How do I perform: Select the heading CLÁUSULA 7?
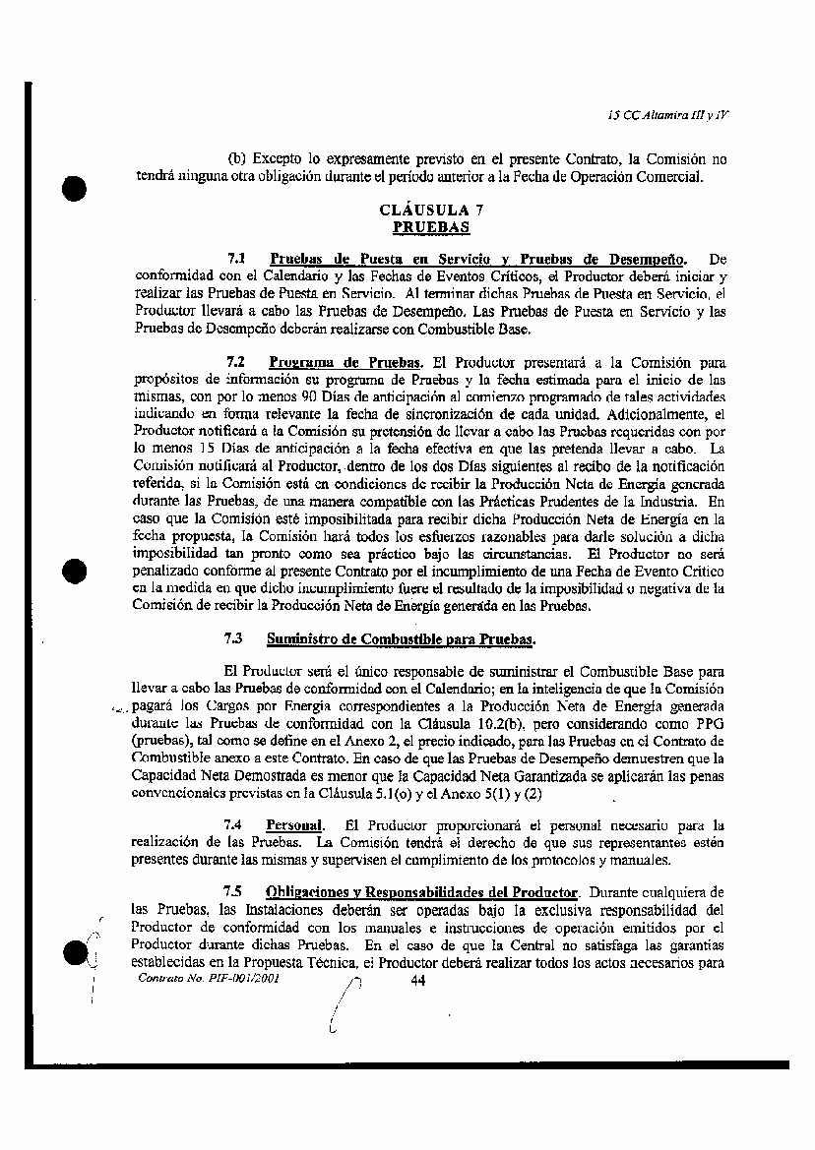pyautogui.click(x=431, y=211)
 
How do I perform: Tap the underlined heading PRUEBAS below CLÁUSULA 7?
pyautogui.click(x=431, y=226)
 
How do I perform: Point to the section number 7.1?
pyautogui.click(x=235, y=259)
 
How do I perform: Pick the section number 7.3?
pyautogui.click(x=235, y=638)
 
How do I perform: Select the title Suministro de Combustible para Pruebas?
pyautogui.click(x=401, y=638)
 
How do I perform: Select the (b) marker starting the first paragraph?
pyautogui.click(x=236, y=157)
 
